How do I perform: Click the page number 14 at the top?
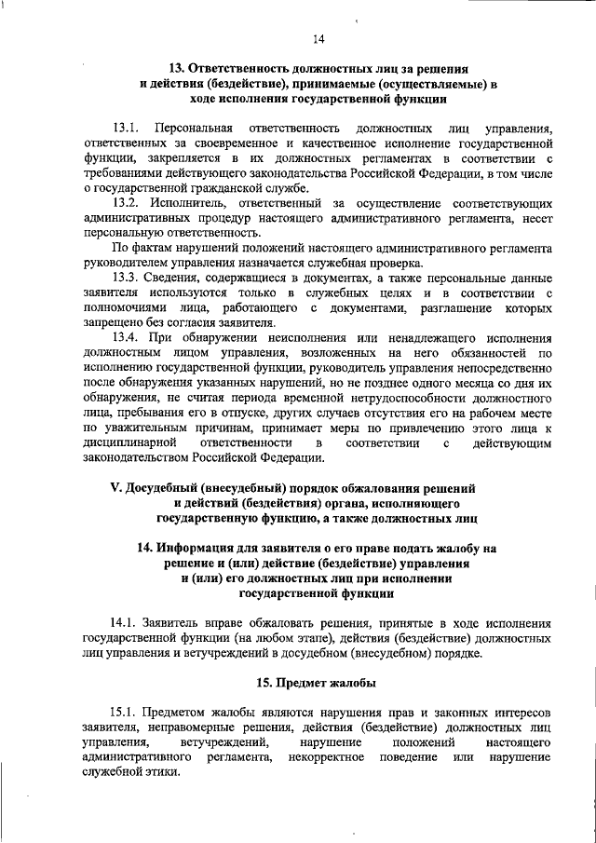[318, 38]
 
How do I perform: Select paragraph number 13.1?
[125, 127]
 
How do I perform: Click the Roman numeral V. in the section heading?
[116, 488]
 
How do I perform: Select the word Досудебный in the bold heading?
[169, 488]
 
